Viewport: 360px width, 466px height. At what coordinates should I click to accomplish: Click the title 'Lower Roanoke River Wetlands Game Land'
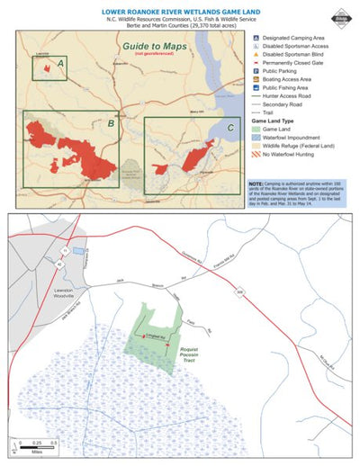(x=179, y=13)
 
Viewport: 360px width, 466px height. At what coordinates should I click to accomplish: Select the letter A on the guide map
(x=61, y=64)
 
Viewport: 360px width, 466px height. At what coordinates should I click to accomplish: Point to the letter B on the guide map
(x=110, y=123)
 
